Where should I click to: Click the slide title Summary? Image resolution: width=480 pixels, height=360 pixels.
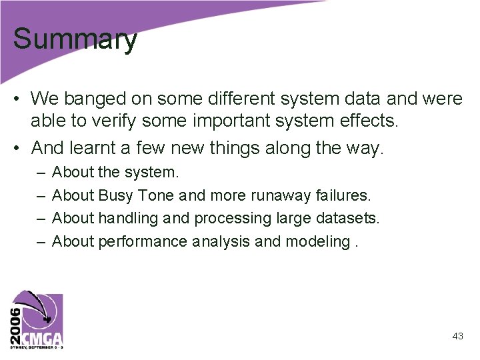pos(75,40)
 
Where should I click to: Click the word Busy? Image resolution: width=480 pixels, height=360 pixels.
pos(116,195)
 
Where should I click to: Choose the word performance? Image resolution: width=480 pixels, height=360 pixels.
pos(143,241)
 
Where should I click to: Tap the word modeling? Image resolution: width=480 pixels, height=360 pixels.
pos(318,241)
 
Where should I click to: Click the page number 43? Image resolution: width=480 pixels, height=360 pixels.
pos(457,337)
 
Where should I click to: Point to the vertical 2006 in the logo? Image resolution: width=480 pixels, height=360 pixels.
pos(15,319)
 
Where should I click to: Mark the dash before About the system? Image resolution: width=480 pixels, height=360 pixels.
pos(40,173)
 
